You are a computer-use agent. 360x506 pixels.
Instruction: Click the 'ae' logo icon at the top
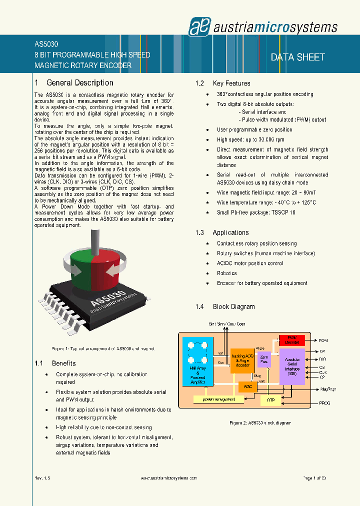click(196, 26)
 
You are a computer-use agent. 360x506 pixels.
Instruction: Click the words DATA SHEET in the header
click(297, 57)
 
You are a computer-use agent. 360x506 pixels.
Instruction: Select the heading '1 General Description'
click(74, 83)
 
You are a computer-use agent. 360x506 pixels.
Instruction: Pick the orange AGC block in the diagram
click(247, 386)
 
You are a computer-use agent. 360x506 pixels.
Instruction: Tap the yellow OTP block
click(270, 400)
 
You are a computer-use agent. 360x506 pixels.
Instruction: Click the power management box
click(218, 399)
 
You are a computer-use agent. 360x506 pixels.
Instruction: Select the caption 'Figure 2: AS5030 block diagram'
click(260, 423)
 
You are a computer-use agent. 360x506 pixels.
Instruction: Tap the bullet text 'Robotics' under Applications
click(226, 273)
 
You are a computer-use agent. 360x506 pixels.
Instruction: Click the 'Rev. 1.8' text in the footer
click(42, 478)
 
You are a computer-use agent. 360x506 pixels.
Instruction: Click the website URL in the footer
click(166, 478)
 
